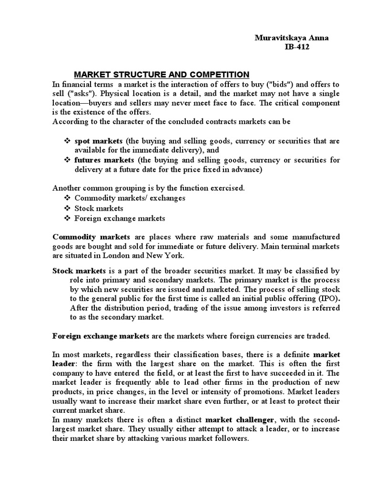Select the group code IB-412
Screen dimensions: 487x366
297,47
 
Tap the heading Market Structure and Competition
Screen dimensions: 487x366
162,74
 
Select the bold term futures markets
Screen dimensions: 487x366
104,160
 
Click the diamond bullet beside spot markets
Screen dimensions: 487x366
67,141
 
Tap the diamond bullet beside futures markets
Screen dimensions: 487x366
67,160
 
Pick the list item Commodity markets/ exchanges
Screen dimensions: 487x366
130,198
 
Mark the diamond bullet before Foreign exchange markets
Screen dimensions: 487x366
67,218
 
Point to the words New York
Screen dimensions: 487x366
169,255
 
